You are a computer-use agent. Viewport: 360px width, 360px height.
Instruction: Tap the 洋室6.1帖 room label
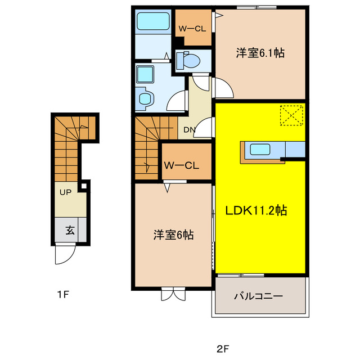[259, 53]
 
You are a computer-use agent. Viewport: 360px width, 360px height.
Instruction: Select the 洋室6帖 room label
[174, 236]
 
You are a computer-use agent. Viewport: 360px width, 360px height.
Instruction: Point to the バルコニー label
[258, 296]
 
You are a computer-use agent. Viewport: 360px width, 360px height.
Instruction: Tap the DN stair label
[189, 131]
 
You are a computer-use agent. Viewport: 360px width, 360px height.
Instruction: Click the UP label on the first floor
[65, 192]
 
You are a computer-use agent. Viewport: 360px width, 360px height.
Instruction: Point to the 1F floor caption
[62, 294]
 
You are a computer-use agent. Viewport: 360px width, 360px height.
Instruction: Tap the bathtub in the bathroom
[154, 22]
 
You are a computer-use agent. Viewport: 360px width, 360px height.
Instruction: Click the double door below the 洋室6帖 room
[173, 294]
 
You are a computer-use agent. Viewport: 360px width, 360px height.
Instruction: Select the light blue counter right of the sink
[295, 150]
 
